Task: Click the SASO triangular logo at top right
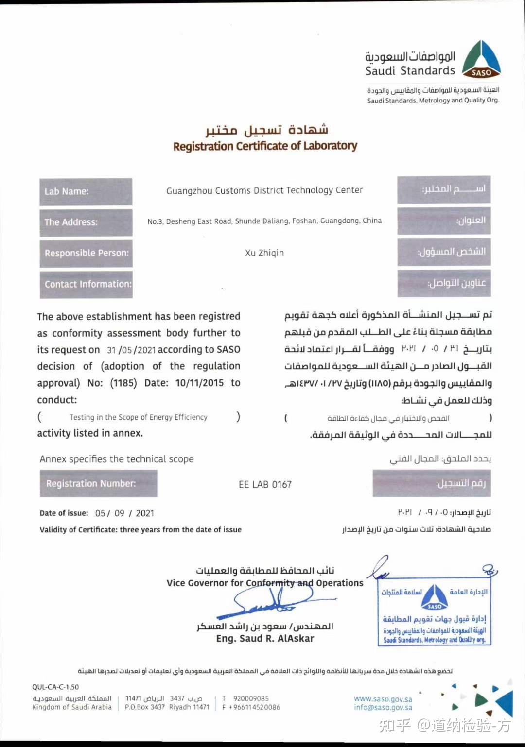pos(481,60)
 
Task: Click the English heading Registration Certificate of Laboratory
pos(265,146)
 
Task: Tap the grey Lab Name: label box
pos(86,192)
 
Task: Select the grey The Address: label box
pos(86,222)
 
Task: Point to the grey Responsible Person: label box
pos(86,253)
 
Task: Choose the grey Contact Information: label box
pos(86,284)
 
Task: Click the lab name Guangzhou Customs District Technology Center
pos(264,190)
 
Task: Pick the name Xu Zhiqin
pos(264,253)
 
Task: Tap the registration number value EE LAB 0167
pos(265,485)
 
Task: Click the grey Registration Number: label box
pos(98,484)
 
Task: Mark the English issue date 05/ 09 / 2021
pos(124,513)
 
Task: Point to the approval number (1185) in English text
pos(123,383)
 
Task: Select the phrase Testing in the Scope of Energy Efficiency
pos(138,417)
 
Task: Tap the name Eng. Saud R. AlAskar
pos(265,639)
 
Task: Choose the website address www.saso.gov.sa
pos(383,699)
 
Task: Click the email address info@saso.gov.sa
pos(383,708)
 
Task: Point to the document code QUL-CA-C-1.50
pos(55,687)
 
